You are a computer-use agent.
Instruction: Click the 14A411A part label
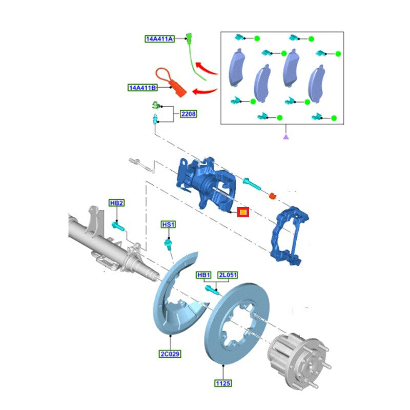pos(159,39)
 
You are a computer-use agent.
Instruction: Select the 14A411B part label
pos(142,88)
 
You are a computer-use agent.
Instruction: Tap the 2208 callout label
pos(188,114)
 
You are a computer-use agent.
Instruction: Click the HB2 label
pos(117,203)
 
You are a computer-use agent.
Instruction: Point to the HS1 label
pos(168,224)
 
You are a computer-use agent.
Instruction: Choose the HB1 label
pos(203,275)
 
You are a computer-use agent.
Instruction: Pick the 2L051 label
pos(228,275)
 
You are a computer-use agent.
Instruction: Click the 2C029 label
pos(170,354)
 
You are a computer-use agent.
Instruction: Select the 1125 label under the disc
pos(223,383)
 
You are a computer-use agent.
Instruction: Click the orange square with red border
pos(243,212)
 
